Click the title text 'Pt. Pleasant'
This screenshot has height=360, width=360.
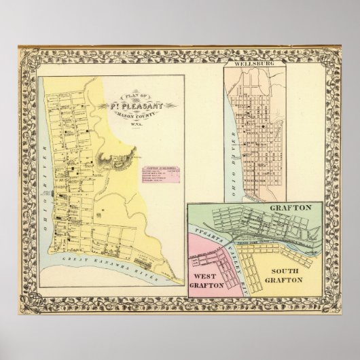pos(136,105)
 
